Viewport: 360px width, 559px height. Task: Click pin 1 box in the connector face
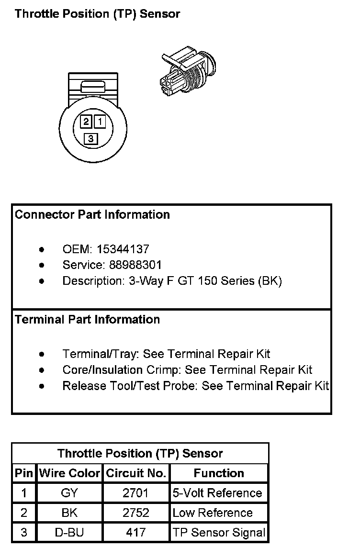coord(100,122)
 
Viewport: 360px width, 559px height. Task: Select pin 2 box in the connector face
coord(86,122)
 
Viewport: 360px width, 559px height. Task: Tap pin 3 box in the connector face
coord(90,139)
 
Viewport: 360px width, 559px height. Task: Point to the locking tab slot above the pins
coord(93,87)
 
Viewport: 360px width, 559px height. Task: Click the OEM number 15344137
coord(123,249)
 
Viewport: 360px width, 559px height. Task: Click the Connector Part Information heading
coord(92,214)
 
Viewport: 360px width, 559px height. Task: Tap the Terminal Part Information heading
coord(88,319)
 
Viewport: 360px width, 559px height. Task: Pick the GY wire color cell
coord(69,493)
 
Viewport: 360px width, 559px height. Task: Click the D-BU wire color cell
coord(69,533)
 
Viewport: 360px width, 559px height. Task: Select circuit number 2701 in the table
coord(136,493)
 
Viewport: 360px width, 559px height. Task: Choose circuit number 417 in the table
coord(136,533)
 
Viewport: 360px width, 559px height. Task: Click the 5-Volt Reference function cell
coord(218,493)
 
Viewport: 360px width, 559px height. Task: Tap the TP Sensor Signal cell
coord(219,533)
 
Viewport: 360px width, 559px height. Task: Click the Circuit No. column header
coord(136,473)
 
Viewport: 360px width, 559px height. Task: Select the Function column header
coord(219,473)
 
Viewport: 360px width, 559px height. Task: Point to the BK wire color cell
coord(69,513)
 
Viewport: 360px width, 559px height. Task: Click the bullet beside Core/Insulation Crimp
coord(43,370)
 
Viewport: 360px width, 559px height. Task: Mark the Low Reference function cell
coord(213,513)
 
